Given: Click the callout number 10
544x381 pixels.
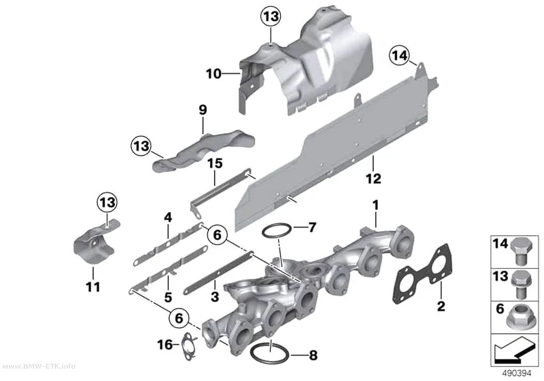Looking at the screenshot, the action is click(213, 74).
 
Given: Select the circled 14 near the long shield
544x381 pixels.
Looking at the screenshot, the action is click(399, 55).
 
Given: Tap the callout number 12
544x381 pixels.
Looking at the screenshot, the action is click(374, 179).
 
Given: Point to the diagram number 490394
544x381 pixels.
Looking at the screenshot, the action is click(517, 373).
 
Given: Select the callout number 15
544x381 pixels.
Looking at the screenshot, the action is click(215, 163).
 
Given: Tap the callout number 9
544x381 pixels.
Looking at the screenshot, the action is click(203, 110).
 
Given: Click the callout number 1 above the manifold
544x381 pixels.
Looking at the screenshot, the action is click(376, 205).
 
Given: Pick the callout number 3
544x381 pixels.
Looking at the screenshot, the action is click(215, 297).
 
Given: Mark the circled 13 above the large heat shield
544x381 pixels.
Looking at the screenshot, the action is click(271, 16).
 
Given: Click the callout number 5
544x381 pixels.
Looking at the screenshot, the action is click(168, 297).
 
